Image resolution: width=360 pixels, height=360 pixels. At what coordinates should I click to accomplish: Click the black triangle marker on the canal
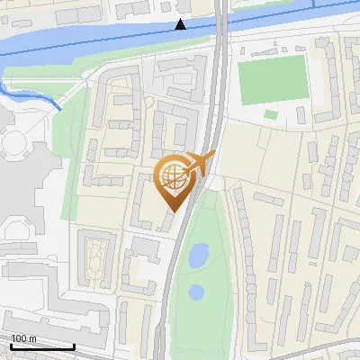(182, 24)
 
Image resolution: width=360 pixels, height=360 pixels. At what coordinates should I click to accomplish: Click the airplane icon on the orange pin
(198, 165)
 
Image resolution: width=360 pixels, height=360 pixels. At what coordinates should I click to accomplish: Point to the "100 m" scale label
(24, 338)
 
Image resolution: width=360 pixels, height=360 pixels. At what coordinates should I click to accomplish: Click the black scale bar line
(41, 346)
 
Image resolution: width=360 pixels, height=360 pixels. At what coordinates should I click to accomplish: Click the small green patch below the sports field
(271, 114)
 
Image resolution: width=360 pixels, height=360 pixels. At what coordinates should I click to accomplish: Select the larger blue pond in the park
(198, 256)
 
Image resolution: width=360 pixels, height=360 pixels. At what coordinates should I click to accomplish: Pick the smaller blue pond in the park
(195, 292)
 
